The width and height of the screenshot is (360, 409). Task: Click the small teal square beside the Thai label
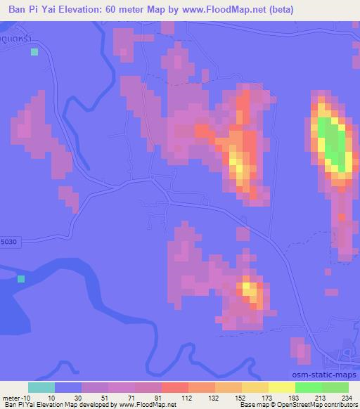tap(33, 52)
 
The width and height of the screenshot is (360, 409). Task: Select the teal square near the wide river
tap(21, 279)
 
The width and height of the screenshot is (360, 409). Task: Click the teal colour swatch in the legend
tap(41, 387)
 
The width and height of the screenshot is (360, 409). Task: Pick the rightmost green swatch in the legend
tap(335, 387)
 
